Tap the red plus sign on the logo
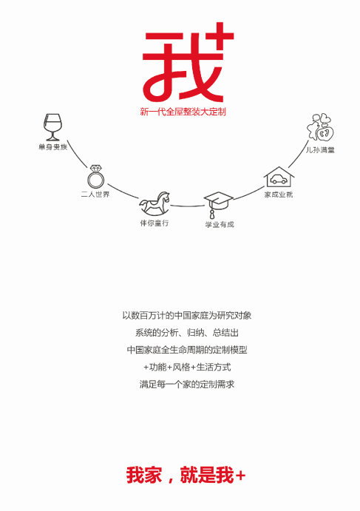tap(220, 35)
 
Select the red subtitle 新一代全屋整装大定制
tap(183, 112)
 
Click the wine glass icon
tap(52, 127)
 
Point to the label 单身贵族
tap(52, 147)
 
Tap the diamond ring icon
tap(95, 176)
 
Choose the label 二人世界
tap(95, 194)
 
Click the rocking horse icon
tap(154, 203)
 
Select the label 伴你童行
tap(154, 223)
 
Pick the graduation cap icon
tap(218, 205)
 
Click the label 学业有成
tap(220, 224)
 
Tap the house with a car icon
tap(279, 177)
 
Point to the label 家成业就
tap(279, 194)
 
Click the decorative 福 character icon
tap(321, 127)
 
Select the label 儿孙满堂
tap(320, 149)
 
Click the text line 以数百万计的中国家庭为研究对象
tap(187, 316)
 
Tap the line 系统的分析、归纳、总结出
tap(187, 333)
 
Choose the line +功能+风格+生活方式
tap(187, 368)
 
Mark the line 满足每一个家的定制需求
tap(187, 385)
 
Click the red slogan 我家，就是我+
tap(186, 476)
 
